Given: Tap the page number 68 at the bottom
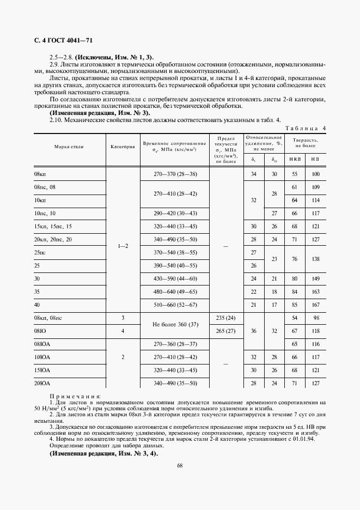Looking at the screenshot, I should click(180, 465).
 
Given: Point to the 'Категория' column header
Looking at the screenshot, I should click(123, 147).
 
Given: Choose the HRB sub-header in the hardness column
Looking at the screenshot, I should click(295, 159).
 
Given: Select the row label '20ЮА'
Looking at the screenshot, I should click(42, 383).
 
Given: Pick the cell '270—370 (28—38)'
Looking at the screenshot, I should click(174, 174).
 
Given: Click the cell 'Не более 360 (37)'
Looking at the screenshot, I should click(174, 324).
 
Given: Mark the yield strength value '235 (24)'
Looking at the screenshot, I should click(225, 318).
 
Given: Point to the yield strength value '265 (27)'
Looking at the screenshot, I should click(225, 331).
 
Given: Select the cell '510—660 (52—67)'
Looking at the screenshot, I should click(174, 305).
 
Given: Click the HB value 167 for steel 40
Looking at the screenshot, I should click(315, 305).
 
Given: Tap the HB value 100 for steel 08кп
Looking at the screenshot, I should click(315, 174).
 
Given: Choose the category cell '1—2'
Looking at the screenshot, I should click(123, 246).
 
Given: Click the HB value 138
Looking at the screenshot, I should click(315, 259).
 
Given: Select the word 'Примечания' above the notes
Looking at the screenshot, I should click(75, 396).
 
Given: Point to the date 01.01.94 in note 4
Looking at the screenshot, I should click(314, 438).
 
